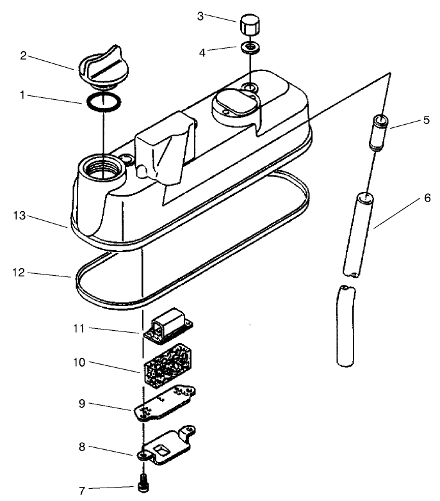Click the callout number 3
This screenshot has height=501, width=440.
pos(200,16)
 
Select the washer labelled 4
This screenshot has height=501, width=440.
pos(250,47)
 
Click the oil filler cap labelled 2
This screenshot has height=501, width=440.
pos(103,68)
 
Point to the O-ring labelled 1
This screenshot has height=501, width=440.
pos(104,102)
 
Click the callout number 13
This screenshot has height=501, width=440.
pos(19,216)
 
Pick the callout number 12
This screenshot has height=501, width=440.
pos(19,273)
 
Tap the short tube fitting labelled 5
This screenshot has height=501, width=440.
pos(379,132)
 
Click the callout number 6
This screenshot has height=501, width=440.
pos(428,198)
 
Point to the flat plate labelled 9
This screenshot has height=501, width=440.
pos(164,404)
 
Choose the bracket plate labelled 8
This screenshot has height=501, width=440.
pos(166,446)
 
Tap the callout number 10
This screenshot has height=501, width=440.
pos(79,363)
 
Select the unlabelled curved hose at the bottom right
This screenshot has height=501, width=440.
pos(346,326)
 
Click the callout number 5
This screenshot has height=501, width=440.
pos(427,120)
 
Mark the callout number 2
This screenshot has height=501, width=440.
pos(23,56)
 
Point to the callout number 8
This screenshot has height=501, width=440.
pos(82,447)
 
